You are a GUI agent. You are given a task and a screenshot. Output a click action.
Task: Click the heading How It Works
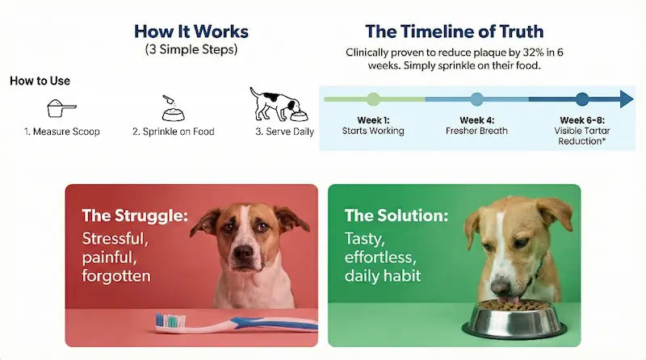point(191,31)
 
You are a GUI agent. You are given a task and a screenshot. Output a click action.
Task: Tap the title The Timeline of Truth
point(454,31)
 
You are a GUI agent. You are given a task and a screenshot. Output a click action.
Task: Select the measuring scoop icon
point(61,107)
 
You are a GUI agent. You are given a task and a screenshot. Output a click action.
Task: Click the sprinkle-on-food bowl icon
point(172,107)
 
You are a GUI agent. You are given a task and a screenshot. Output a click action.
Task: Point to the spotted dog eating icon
point(275,103)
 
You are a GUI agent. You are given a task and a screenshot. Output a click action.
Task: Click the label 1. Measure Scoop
point(62,132)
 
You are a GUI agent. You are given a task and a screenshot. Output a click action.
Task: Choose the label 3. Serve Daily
point(284,132)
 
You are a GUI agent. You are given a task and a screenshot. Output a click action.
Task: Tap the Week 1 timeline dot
point(373,99)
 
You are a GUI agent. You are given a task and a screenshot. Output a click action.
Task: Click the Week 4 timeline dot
point(476,99)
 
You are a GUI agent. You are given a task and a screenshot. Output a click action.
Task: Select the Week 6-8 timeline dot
point(582,99)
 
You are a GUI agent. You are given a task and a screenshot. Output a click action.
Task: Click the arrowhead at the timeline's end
point(627,99)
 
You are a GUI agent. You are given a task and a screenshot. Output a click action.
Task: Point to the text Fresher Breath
point(476,131)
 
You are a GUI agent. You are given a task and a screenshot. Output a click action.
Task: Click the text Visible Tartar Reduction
point(582,136)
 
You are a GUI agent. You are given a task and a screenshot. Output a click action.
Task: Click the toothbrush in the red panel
point(234,323)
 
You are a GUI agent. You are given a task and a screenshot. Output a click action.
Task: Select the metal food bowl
point(514,319)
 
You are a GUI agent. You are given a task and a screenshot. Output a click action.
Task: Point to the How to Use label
point(40,81)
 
